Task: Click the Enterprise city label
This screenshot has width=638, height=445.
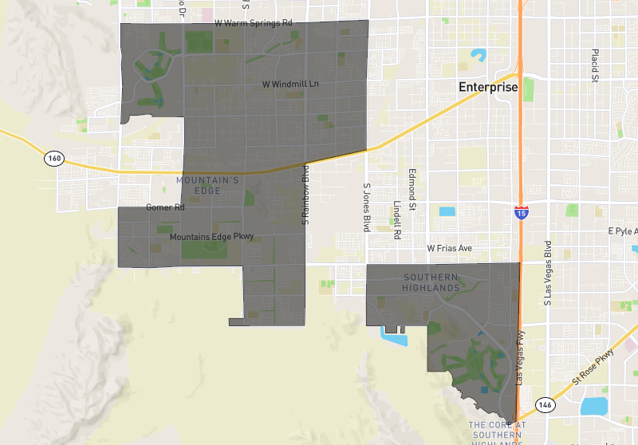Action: [488, 87]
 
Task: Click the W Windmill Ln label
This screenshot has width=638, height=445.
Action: [290, 84]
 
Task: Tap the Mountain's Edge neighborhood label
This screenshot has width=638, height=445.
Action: [207, 186]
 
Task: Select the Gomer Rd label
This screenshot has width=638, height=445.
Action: [165, 207]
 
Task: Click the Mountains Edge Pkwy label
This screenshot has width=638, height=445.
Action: [211, 237]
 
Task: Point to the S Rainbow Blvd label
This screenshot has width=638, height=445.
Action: [305, 194]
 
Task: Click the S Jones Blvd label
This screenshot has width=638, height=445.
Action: [367, 207]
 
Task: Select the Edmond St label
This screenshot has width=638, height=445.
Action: [412, 189]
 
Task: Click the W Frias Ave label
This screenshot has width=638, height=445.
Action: [450, 249]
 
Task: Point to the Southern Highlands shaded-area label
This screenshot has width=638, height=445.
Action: [431, 282]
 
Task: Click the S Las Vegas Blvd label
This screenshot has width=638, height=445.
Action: [548, 273]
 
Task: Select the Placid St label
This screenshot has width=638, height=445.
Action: [595, 65]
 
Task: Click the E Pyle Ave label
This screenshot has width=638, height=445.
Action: [622, 231]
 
